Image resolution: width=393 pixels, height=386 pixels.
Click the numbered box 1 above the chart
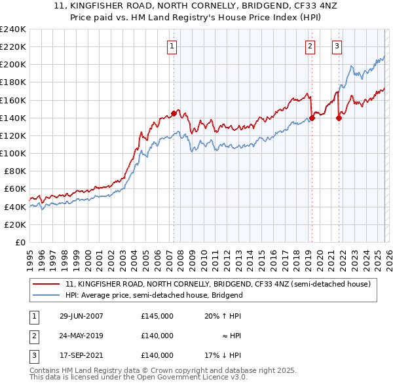click(172, 46)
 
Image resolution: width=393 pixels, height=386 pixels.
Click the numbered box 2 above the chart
click(309, 46)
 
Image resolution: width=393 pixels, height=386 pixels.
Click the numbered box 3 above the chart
click(337, 46)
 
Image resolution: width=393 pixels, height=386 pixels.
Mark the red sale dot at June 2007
click(174, 113)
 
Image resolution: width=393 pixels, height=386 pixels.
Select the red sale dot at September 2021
click(339, 118)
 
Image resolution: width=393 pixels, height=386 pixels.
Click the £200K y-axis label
click(13, 65)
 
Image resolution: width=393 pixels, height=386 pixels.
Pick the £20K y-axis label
click(15, 224)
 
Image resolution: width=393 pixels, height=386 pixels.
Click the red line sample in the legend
click(47, 284)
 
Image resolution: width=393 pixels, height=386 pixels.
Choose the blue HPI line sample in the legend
click(47, 295)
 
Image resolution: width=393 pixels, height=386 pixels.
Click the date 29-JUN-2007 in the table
click(81, 315)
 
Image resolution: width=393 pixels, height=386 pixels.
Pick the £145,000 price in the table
click(157, 315)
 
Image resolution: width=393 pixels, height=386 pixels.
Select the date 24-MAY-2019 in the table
click(81, 336)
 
